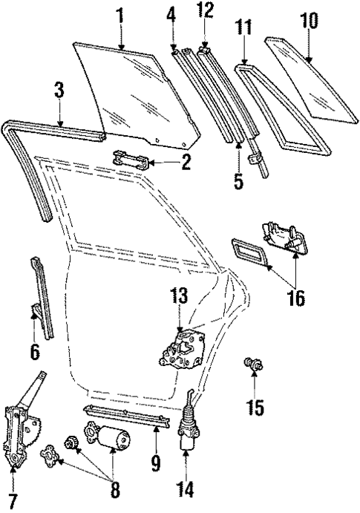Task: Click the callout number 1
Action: pyautogui.click(x=120, y=14)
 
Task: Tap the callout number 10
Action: pyautogui.click(x=310, y=20)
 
